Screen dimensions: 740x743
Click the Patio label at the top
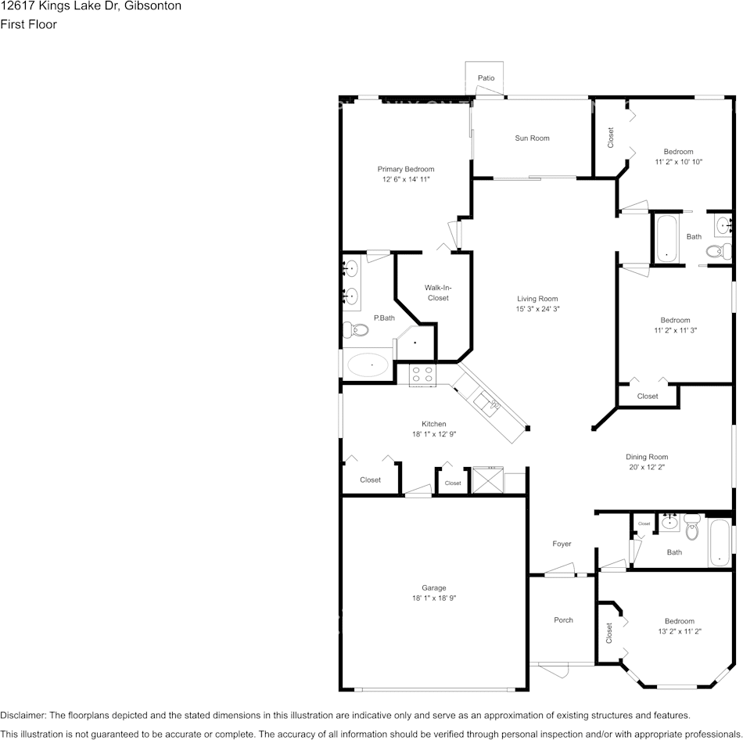pyautogui.click(x=486, y=78)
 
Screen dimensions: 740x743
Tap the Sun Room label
pyautogui.click(x=532, y=138)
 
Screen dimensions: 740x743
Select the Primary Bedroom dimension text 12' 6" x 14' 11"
pyautogui.click(x=406, y=180)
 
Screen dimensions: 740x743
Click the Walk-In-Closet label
pyautogui.click(x=438, y=293)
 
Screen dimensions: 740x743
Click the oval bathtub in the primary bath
pyautogui.click(x=368, y=364)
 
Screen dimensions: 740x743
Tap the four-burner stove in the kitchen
pyautogui.click(x=423, y=375)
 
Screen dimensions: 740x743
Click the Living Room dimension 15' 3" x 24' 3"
pyautogui.click(x=537, y=309)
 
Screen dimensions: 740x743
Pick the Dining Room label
pyautogui.click(x=647, y=457)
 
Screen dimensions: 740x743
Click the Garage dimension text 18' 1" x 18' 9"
pyautogui.click(x=434, y=598)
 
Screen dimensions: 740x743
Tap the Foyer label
pyautogui.click(x=562, y=544)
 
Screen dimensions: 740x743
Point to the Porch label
pyautogui.click(x=563, y=620)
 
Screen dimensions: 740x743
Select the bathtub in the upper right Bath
pyautogui.click(x=666, y=238)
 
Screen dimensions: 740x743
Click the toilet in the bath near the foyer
pyautogui.click(x=691, y=530)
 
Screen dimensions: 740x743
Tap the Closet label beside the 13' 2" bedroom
pyautogui.click(x=609, y=632)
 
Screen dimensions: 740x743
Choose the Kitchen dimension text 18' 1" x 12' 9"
pyautogui.click(x=434, y=434)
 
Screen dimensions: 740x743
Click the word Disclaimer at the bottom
pyautogui.click(x=22, y=715)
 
